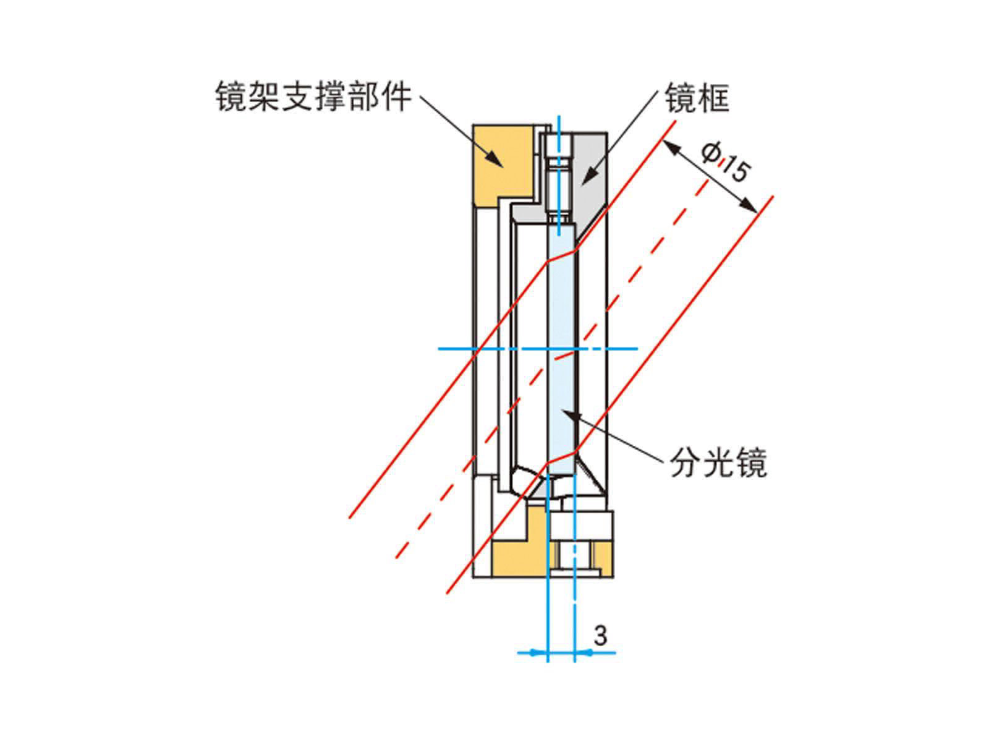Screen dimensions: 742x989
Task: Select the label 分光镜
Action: (x=718, y=463)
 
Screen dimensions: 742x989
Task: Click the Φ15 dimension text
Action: (x=726, y=162)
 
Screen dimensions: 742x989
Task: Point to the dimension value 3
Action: (x=600, y=635)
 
